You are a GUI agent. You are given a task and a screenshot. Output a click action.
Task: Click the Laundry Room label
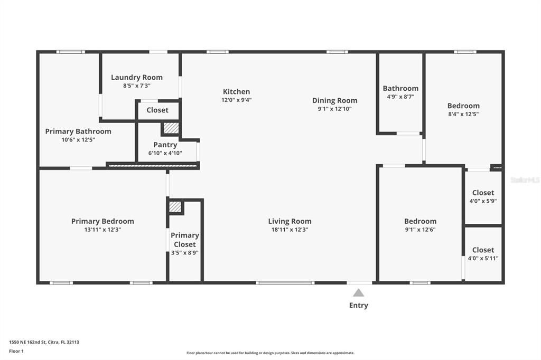point(137,77)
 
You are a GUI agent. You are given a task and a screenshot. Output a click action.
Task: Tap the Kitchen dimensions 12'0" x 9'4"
point(236,100)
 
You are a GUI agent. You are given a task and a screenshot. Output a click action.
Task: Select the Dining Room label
point(334,100)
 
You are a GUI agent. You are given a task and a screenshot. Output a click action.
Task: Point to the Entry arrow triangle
point(359,293)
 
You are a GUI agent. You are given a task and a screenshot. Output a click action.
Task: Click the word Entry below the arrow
point(359,305)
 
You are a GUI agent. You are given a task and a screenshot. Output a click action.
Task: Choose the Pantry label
point(165,145)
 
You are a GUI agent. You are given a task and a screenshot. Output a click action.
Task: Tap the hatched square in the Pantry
point(171,128)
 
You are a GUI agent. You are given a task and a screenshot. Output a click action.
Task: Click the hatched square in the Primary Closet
point(175,207)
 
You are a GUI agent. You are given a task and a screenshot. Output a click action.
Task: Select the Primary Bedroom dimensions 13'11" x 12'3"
point(102,230)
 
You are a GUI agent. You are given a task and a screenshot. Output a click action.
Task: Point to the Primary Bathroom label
point(78,131)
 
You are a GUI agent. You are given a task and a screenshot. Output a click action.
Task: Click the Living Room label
point(290,221)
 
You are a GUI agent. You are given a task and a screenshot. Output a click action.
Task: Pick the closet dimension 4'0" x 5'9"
point(483,201)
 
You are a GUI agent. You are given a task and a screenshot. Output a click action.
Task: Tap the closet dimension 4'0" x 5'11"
point(483,258)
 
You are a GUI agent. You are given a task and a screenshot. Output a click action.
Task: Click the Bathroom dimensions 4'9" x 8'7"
point(400,97)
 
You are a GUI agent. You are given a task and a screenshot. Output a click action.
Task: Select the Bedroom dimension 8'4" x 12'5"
point(463,114)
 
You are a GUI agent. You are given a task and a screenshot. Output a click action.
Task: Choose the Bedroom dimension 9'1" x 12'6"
point(420,230)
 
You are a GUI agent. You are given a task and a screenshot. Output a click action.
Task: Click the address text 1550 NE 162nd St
point(27,343)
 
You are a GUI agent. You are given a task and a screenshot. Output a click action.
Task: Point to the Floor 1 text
point(16,352)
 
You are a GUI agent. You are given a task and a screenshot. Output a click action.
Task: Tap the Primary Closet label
point(185,240)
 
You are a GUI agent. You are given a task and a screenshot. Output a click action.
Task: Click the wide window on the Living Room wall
point(285,283)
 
